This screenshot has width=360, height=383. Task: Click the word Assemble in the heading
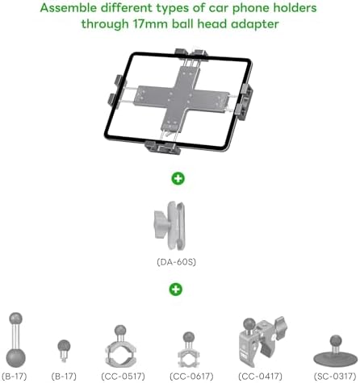[69, 8]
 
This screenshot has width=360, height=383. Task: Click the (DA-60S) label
[176, 262]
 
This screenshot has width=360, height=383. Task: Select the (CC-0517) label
[123, 377]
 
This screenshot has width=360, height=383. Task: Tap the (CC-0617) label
[191, 377]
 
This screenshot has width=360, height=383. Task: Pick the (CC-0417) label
[260, 377]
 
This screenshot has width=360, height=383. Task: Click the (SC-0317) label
[335, 377]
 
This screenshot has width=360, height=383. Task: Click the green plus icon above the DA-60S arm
[178, 178]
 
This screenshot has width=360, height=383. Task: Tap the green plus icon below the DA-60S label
[176, 289]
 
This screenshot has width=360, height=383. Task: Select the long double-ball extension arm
[15, 340]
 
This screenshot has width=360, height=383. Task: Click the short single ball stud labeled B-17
[64, 350]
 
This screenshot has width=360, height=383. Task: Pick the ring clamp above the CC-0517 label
[120, 355]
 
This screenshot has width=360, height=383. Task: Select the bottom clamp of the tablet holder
[163, 148]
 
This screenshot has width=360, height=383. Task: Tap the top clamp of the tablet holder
[191, 53]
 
